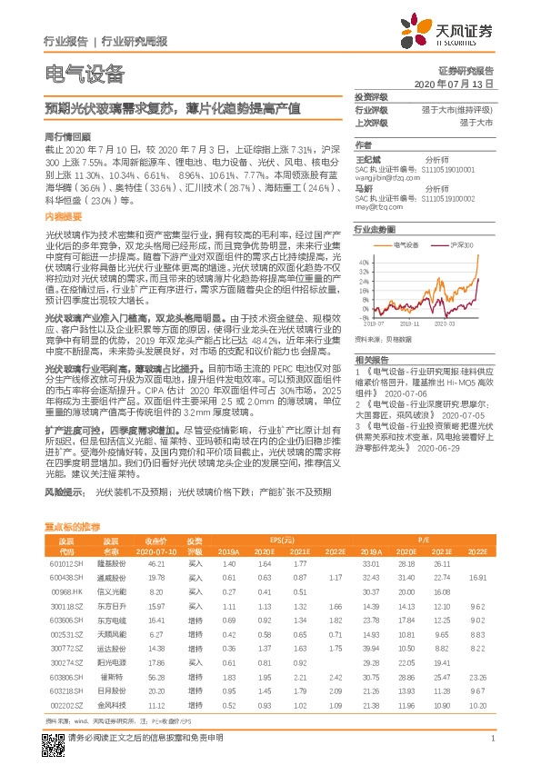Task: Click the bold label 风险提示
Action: [x=65, y=492]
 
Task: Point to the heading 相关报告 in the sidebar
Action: [x=373, y=360]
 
